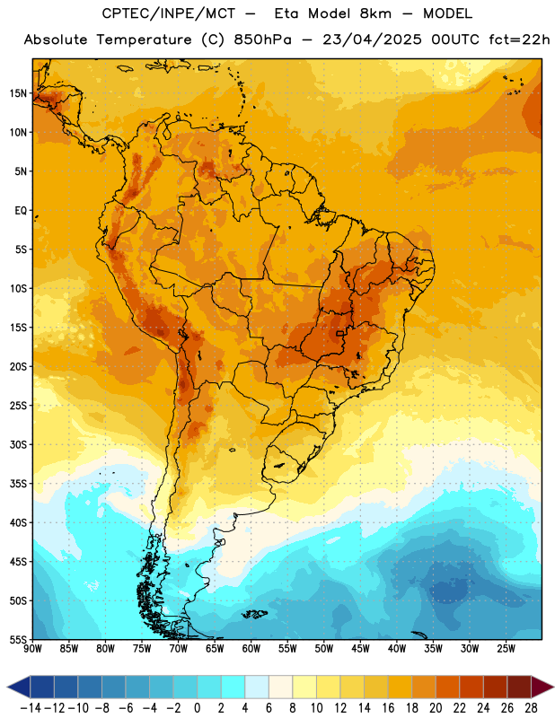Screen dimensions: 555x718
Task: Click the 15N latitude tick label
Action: [18, 93]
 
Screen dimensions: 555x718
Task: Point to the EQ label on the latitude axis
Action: [21, 211]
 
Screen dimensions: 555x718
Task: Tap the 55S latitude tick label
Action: [18, 639]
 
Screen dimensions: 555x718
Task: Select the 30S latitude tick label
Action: [18, 444]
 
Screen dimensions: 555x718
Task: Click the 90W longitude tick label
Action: [32, 649]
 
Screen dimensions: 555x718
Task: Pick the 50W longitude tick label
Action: [324, 649]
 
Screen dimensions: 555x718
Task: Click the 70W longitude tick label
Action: [179, 649]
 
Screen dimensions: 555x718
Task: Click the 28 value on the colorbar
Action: [531, 708]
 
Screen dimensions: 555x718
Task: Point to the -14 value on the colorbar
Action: [31, 708]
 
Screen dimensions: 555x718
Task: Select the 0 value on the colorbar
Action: [197, 708]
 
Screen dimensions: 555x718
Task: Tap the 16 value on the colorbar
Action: [388, 708]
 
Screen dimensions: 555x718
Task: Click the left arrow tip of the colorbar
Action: [7, 687]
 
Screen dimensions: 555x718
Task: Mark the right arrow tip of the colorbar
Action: [553, 687]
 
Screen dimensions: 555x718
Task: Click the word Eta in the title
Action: [286, 13]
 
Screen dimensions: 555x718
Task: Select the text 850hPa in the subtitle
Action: [262, 39]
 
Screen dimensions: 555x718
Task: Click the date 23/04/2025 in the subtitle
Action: [372, 39]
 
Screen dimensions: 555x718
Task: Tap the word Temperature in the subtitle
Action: [144, 39]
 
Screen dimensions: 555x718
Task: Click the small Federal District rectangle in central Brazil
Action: [339, 333]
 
